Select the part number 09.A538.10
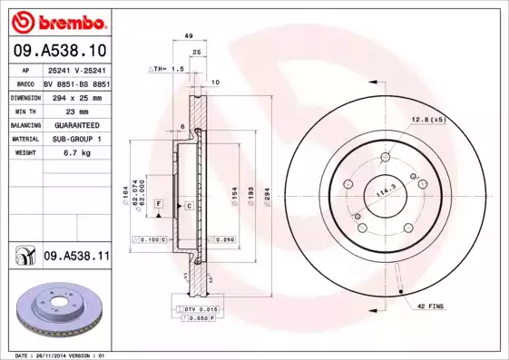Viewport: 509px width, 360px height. point(58,51)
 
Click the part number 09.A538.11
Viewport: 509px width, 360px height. point(75,258)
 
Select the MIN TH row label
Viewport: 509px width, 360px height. point(23,110)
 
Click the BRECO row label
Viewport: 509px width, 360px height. point(23,82)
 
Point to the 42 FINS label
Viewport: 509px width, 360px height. point(430,308)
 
